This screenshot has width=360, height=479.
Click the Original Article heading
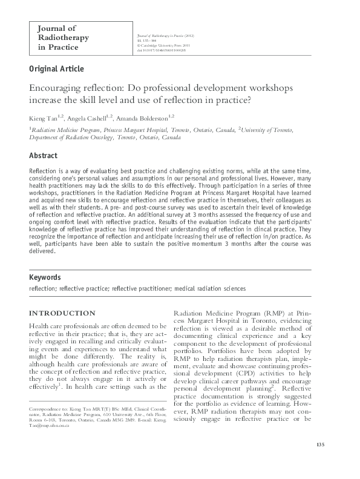57,68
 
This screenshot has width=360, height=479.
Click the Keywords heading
46,277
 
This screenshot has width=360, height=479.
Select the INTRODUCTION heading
62,313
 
